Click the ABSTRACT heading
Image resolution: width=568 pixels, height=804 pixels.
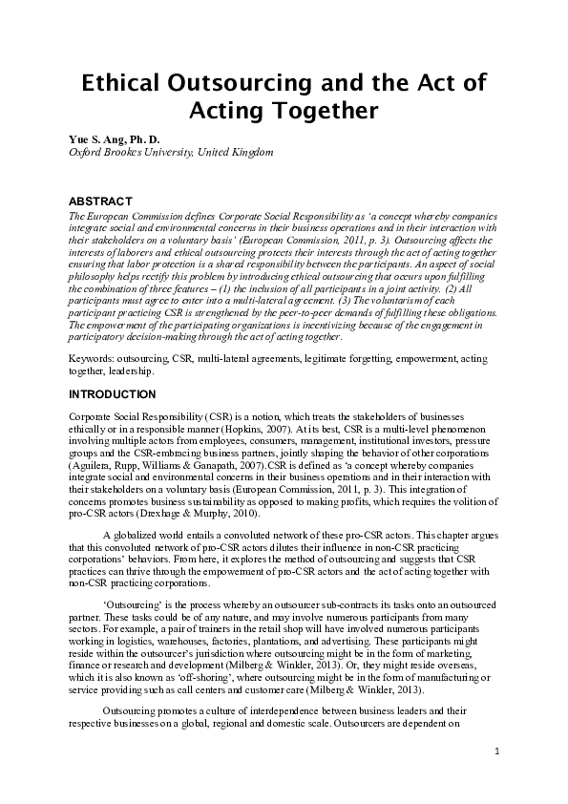102,201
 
